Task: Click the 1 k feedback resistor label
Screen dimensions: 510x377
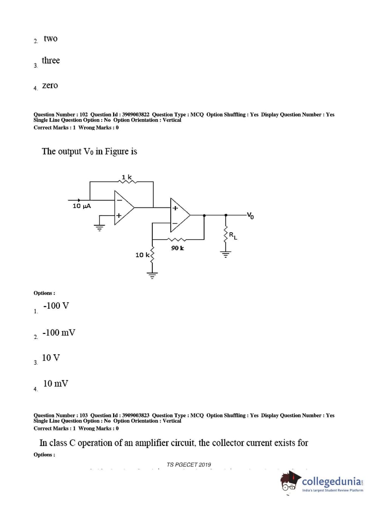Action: coord(127,177)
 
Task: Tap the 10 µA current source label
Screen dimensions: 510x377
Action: coord(81,206)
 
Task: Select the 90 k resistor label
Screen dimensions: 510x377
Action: coord(177,248)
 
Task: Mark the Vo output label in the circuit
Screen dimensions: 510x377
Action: coord(250,216)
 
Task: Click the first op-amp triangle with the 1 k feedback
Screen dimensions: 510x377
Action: coord(123,207)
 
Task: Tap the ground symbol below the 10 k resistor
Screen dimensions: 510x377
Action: coord(152,274)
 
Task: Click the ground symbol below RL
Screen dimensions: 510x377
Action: coord(226,254)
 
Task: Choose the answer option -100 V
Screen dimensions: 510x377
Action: coord(56,306)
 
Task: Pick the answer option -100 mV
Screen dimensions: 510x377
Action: coord(59,332)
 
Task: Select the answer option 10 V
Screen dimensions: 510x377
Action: coord(51,358)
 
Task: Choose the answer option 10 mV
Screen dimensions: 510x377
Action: coord(56,383)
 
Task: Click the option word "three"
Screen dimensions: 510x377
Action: coord(51,60)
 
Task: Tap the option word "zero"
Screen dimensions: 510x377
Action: coord(50,85)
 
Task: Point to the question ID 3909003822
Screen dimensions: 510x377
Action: coord(136,115)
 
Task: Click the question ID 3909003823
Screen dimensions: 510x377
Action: coord(136,415)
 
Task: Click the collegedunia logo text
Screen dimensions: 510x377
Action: coord(332,481)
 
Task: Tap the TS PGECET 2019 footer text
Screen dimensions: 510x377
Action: coord(189,465)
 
